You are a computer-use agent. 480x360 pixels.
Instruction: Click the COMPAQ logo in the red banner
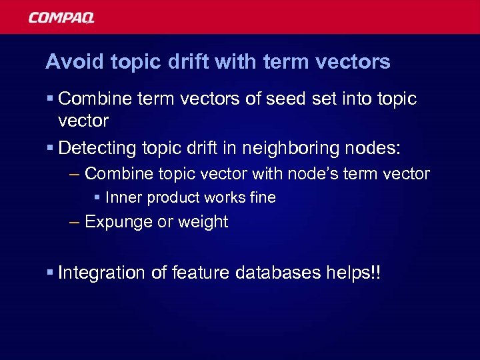[61, 17]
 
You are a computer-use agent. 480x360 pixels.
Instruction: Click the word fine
[261, 198]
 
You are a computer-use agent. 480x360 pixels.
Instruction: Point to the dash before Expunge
[75, 223]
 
